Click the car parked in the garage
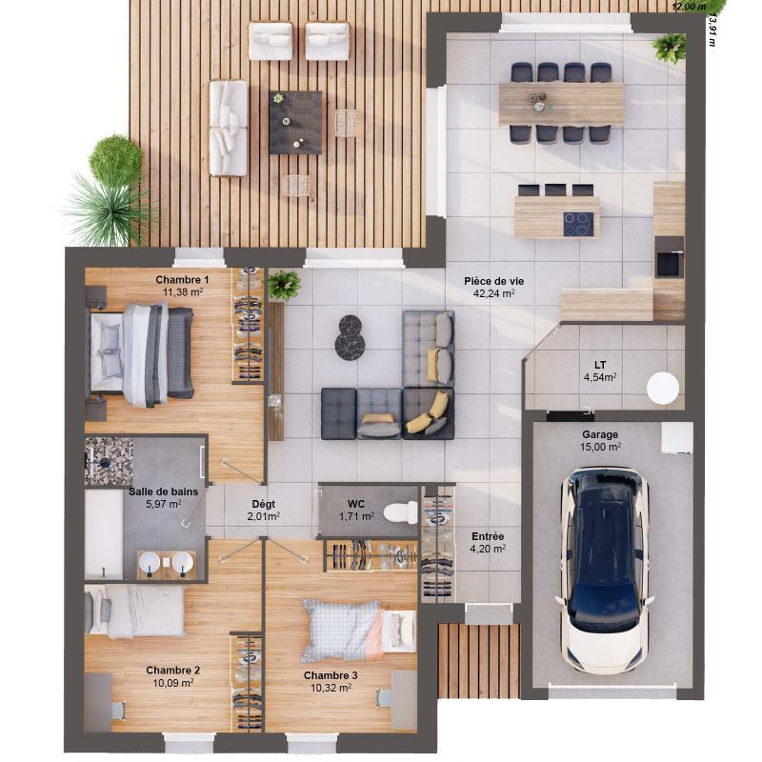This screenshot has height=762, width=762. [x=605, y=567]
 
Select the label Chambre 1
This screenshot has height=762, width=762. [x=182, y=279]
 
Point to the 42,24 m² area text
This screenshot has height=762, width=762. [x=493, y=293]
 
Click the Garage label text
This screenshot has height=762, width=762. [x=600, y=434]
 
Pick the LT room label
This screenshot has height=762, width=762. [x=600, y=365]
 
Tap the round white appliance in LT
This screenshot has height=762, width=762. [x=663, y=388]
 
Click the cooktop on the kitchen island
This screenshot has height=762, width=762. [x=578, y=224]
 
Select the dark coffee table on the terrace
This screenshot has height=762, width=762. [x=295, y=122]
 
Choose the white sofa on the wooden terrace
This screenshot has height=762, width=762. [x=229, y=128]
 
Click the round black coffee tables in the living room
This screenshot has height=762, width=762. [x=349, y=338]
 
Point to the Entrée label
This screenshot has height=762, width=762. [x=488, y=536]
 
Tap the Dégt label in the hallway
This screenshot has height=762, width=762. [x=264, y=505]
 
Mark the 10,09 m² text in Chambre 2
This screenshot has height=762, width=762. [x=172, y=682]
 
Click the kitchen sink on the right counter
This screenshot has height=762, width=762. [x=669, y=263]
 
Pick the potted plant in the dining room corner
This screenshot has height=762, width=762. [x=670, y=47]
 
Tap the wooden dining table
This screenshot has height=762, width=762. [x=561, y=103]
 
